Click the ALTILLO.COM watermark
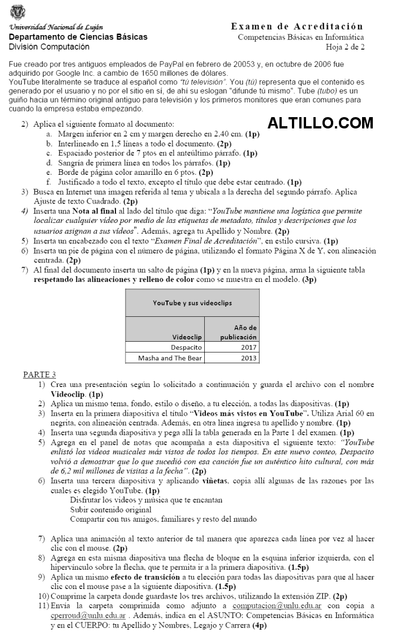click(x=321, y=123)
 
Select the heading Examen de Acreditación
click(x=297, y=27)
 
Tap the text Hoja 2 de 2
click(x=346, y=47)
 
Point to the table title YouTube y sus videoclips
click(x=192, y=303)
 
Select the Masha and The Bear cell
click(x=170, y=358)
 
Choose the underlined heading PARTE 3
click(x=40, y=375)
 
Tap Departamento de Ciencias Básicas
click(x=78, y=37)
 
